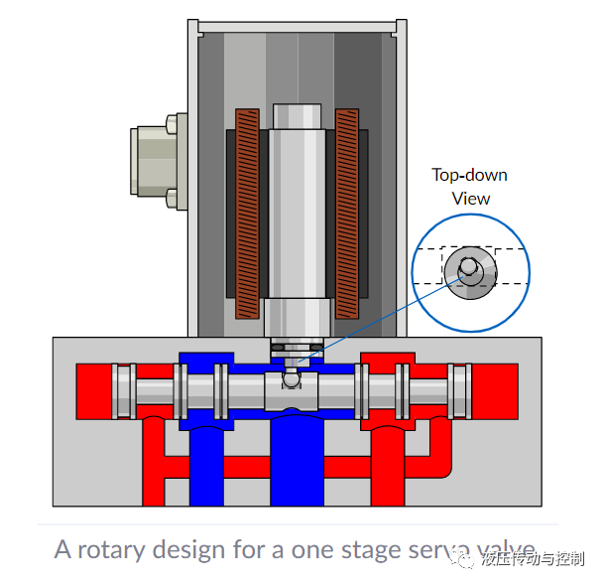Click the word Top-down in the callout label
pyautogui.click(x=469, y=176)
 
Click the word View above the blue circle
pyautogui.click(x=471, y=199)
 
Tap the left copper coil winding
pyautogui.click(x=246, y=214)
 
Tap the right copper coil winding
pyautogui.click(x=347, y=214)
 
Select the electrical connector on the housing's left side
pyautogui.click(x=158, y=163)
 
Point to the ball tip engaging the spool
pyautogui.click(x=290, y=379)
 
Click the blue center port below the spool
pyautogui.click(x=297, y=457)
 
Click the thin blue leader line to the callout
pyautogui.click(x=377, y=318)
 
